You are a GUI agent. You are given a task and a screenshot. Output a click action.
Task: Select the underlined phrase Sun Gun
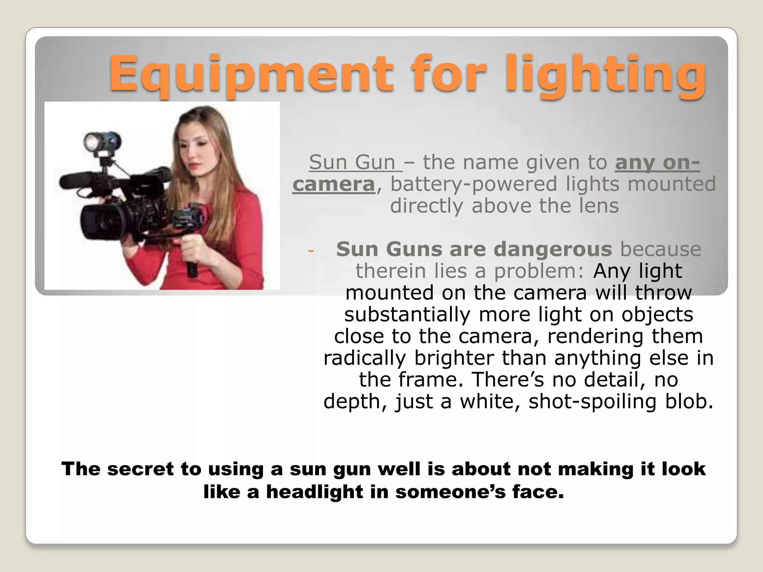click(352, 162)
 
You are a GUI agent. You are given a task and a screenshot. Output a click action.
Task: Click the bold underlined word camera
click(334, 184)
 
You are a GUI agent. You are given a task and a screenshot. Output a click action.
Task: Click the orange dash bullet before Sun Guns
click(311, 250)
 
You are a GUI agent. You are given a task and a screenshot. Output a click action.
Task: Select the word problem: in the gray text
click(539, 271)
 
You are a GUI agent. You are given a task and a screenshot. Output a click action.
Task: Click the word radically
click(365, 358)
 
